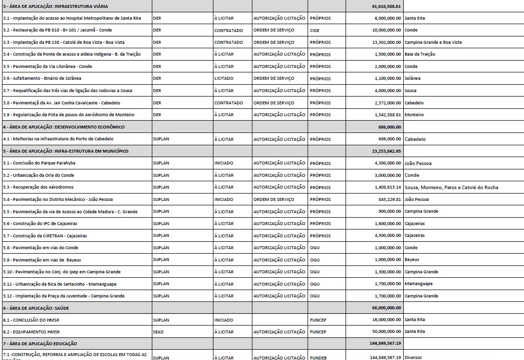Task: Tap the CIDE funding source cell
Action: click(315, 30)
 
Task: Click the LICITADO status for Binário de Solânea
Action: click(224, 78)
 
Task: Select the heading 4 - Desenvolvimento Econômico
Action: click(64, 127)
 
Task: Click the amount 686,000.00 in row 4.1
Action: click(389, 139)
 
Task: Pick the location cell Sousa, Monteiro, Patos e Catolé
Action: click(451, 187)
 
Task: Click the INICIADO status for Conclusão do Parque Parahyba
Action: click(224, 163)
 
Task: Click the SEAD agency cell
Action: click(158, 332)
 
